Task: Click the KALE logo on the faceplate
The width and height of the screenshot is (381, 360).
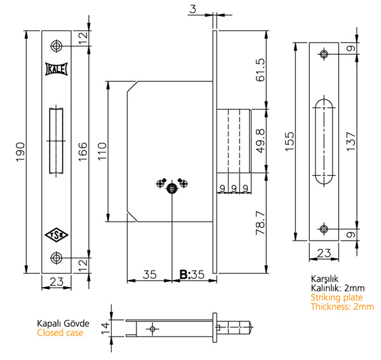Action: [57, 69]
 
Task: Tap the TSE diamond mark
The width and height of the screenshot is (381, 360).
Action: [57, 235]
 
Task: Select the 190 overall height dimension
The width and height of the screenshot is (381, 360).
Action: [20, 152]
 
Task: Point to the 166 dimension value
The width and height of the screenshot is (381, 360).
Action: [83, 152]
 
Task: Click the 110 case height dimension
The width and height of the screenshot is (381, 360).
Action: [102, 151]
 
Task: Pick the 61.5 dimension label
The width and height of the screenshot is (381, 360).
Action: [260, 70]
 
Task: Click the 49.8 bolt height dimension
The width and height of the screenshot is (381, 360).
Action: [260, 141]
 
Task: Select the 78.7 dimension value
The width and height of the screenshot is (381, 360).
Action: [260, 223]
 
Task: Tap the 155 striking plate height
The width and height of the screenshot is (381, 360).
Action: [290, 142]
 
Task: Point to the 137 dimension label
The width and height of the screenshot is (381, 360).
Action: [351, 142]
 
